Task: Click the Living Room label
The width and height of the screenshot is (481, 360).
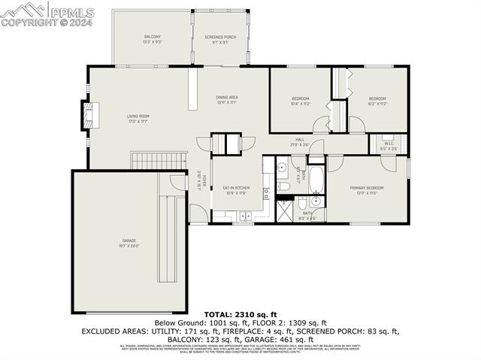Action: click(138, 116)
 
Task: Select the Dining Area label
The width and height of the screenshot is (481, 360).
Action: click(227, 98)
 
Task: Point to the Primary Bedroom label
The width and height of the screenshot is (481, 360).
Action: click(367, 188)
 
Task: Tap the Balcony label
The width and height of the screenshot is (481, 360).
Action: click(153, 37)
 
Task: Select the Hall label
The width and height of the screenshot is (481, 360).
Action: click(299, 140)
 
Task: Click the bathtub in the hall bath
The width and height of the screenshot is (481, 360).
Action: click(316, 180)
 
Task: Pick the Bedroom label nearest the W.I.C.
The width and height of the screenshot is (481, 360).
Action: click(377, 99)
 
